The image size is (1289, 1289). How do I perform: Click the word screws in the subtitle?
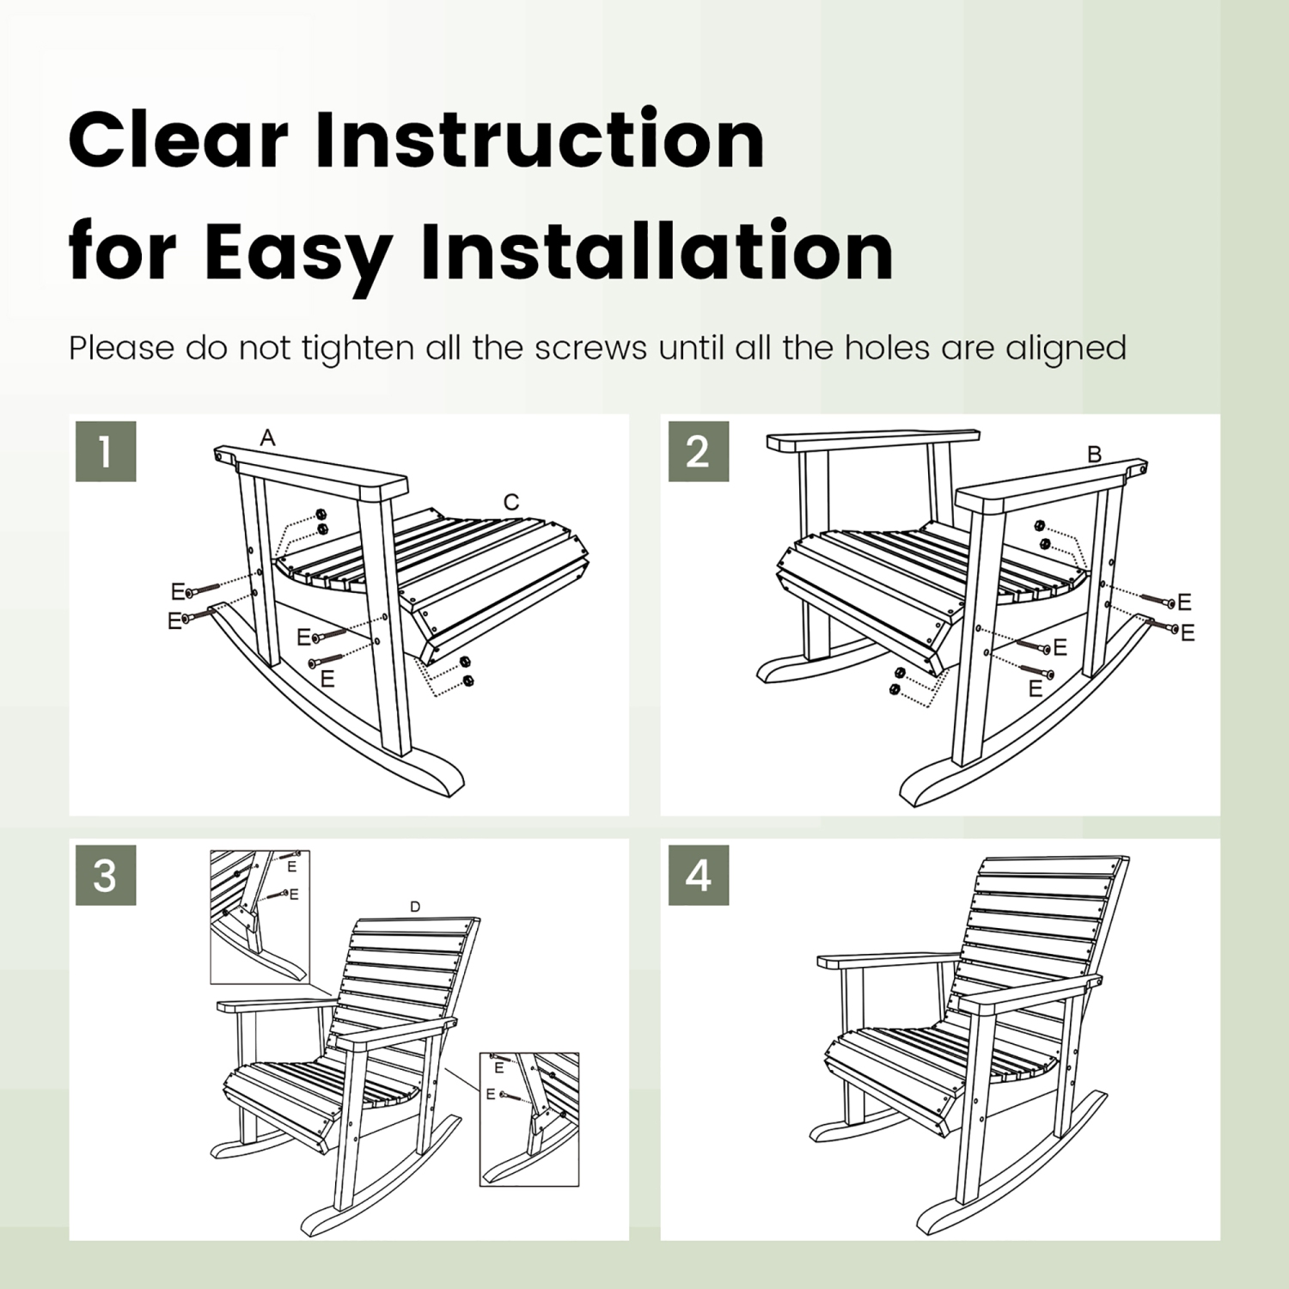tap(590, 348)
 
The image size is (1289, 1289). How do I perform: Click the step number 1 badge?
tap(106, 451)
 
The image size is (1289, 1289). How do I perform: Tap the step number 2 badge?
tap(698, 451)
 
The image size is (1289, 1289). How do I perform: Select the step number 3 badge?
tap(106, 875)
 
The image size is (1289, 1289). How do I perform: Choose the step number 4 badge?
tap(698, 875)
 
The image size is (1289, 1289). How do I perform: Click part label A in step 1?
tap(268, 438)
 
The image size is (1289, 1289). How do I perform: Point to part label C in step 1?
tap(511, 503)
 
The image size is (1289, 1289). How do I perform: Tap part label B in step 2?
tap(1094, 455)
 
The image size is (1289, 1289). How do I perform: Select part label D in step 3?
tap(415, 907)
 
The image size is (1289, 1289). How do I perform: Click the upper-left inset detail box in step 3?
tap(260, 917)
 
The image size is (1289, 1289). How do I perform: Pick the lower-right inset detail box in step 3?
tap(528, 1119)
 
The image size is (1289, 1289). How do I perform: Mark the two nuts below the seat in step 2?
tap(896, 681)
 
